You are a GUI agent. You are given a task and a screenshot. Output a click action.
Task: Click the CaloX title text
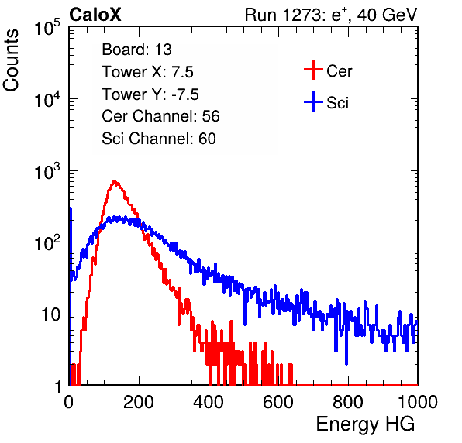95,15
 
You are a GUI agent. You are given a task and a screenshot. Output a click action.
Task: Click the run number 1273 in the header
303,15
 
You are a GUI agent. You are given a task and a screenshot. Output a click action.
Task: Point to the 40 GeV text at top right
387,15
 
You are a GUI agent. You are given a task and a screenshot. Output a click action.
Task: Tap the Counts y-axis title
11,60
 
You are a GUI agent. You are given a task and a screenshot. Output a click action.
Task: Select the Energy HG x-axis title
366,424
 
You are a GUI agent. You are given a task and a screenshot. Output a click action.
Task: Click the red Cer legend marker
313,70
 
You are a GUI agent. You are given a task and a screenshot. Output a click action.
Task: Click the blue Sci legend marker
313,102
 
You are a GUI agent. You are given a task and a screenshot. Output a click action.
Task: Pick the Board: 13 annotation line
136,50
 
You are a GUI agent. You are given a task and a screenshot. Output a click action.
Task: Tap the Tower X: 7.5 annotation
147,72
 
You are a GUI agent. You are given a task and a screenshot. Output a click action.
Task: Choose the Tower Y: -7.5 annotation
150,94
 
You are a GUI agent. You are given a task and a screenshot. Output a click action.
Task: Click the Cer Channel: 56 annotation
160,116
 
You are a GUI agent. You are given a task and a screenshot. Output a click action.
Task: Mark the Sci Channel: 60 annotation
159,139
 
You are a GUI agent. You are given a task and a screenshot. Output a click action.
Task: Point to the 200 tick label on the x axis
139,402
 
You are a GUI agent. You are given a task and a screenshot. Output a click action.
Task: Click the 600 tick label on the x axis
278,402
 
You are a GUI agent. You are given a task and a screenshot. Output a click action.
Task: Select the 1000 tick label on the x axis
418,402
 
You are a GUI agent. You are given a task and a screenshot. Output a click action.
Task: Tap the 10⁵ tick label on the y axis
47,27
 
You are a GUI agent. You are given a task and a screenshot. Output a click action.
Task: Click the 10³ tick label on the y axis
47,171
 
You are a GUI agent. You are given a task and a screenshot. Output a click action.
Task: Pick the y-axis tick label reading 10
50,314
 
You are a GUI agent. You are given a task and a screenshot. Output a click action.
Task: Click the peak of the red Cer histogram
114,181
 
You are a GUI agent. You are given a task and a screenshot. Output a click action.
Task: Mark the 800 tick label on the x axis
348,402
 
